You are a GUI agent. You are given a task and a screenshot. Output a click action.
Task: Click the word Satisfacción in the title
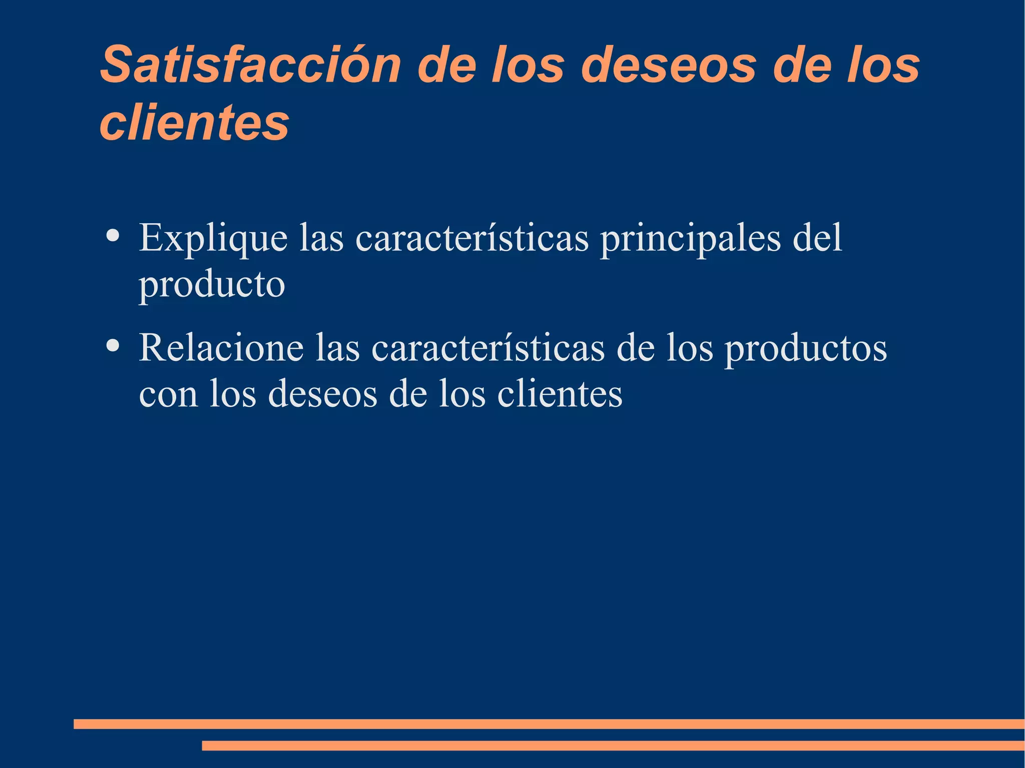(250, 65)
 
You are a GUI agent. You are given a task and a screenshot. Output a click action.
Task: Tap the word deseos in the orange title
(669, 65)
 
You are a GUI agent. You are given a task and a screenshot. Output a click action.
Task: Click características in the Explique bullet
(472, 238)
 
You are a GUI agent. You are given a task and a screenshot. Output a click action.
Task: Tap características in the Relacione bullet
(488, 348)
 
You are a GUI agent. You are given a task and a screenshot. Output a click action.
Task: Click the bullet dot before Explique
(113, 235)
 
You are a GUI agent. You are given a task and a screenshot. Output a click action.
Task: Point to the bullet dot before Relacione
(113, 345)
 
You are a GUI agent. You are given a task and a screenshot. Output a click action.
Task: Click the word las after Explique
(321, 238)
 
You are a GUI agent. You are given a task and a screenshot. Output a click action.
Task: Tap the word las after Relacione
(337, 348)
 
